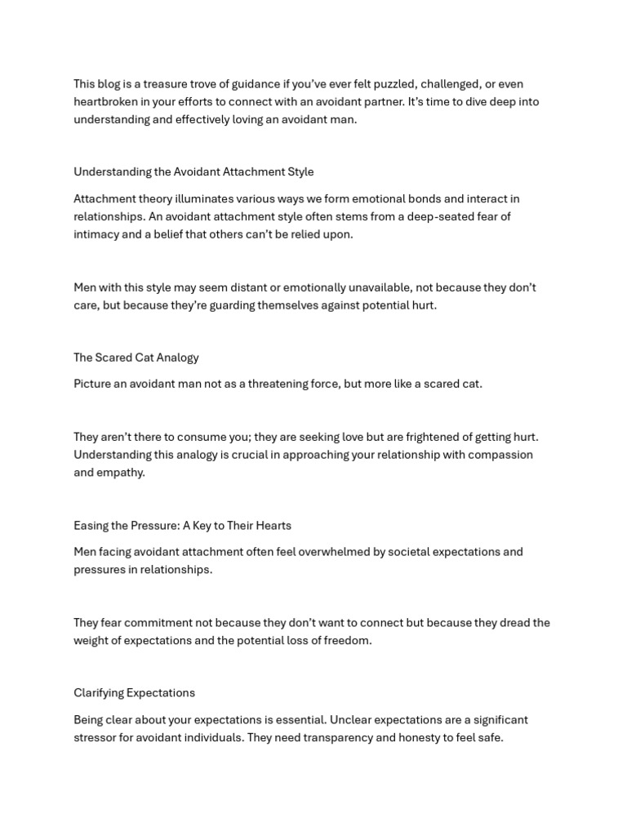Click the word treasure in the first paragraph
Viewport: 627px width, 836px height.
pyautogui.click(x=165, y=84)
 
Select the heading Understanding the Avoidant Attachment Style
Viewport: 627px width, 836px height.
pyautogui.click(x=193, y=172)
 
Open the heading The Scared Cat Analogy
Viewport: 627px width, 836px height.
pyautogui.click(x=136, y=358)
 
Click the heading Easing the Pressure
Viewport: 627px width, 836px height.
pyautogui.click(x=182, y=526)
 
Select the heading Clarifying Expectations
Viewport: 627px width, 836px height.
pyautogui.click(x=134, y=693)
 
